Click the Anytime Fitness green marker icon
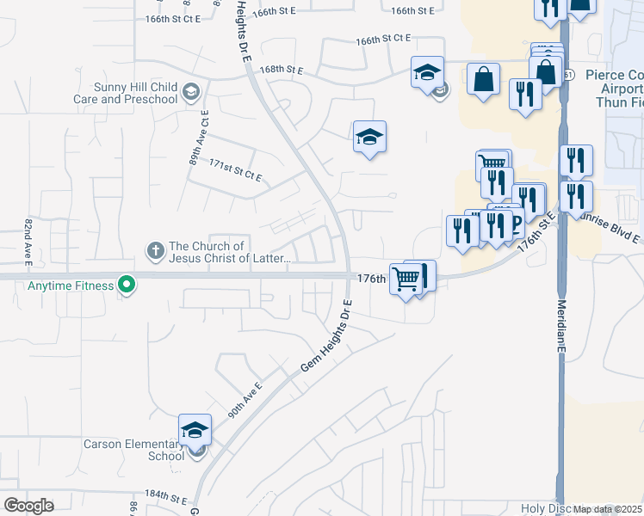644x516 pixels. point(127,285)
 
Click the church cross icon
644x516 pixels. point(155,251)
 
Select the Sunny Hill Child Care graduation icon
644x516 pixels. point(191,92)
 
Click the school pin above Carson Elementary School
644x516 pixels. point(195,430)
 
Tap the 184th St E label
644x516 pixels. point(166,498)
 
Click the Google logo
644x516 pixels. point(28,506)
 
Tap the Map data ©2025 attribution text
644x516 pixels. point(607,509)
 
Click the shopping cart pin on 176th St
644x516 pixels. point(406,279)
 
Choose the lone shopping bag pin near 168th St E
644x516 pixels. point(484,80)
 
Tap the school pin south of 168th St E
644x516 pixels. point(369,138)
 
